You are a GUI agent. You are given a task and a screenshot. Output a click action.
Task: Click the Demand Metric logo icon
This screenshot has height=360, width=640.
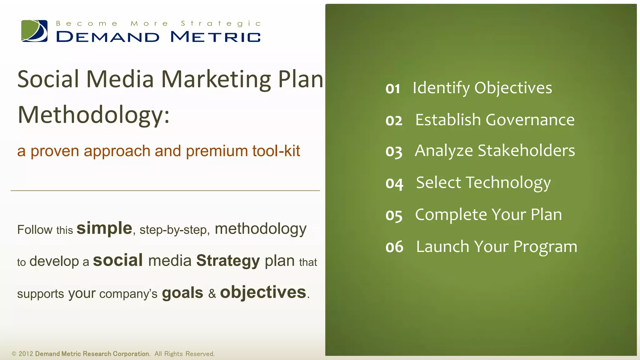pyautogui.click(x=34, y=31)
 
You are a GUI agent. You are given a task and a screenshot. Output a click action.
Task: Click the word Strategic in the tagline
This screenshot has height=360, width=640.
pyautogui.click(x=221, y=24)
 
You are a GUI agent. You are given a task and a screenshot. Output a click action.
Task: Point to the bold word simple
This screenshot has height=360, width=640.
pyautogui.click(x=104, y=228)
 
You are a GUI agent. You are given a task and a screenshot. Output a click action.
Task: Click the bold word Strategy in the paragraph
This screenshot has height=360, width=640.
pyautogui.click(x=228, y=261)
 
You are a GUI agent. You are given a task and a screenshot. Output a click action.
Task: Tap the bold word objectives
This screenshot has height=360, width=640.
pyautogui.click(x=263, y=292)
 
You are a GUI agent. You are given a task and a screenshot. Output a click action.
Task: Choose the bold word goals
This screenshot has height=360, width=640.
pyautogui.click(x=182, y=293)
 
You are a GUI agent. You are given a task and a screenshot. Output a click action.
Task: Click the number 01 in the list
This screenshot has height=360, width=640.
pyautogui.click(x=393, y=89)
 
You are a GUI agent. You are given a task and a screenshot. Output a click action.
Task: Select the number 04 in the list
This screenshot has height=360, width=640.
pyautogui.click(x=394, y=184)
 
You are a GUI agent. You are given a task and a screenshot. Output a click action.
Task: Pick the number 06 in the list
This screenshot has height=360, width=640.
pyautogui.click(x=394, y=247)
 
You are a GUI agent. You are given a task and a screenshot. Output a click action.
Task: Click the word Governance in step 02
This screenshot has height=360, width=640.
pyautogui.click(x=530, y=120)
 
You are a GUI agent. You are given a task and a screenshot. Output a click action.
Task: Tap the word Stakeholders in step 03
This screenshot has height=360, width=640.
pyautogui.click(x=526, y=151)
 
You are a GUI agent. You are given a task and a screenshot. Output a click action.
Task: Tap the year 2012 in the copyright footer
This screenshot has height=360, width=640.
pyautogui.click(x=26, y=354)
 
